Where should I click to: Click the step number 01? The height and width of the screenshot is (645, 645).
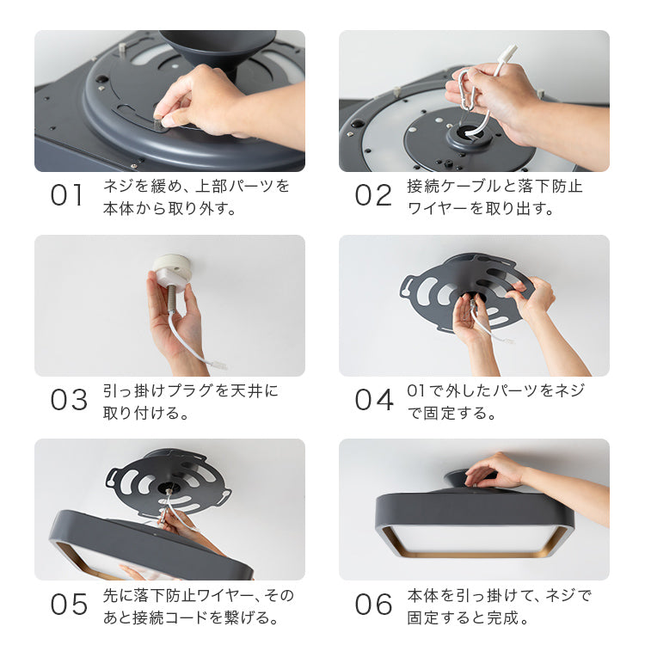pyautogui.click(x=67, y=195)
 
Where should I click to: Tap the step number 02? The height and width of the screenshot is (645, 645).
pyautogui.click(x=373, y=195)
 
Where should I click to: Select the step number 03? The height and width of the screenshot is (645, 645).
pyautogui.click(x=69, y=400)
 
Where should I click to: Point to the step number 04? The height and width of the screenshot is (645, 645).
pyautogui.click(x=374, y=400)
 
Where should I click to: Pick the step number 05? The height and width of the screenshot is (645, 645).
pyautogui.click(x=69, y=605)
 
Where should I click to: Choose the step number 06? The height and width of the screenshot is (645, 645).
pyautogui.click(x=374, y=605)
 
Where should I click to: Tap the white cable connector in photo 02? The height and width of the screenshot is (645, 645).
pyautogui.click(x=507, y=55)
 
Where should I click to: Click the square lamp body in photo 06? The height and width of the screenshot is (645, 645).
pyautogui.click(x=475, y=525)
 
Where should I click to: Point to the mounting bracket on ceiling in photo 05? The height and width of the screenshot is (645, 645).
pyautogui.click(x=168, y=478)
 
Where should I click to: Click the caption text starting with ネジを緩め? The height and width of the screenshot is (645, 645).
pyautogui.click(x=196, y=196)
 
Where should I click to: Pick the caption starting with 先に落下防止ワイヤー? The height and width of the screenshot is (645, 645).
pyautogui.click(x=197, y=605)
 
